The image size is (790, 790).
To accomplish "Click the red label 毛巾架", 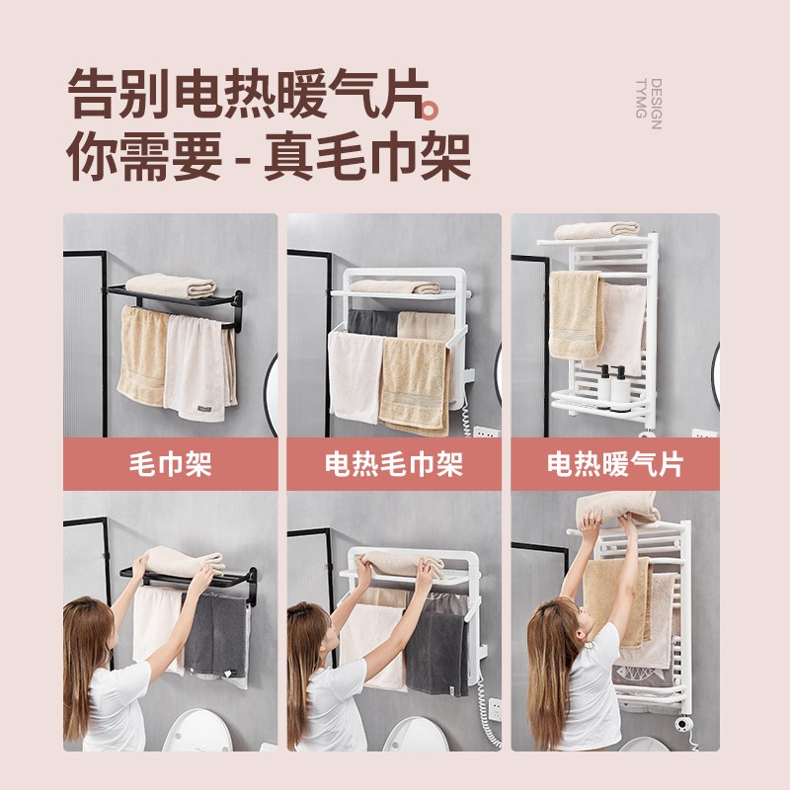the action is tap(170, 464).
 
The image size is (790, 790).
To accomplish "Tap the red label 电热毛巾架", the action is tap(394, 464).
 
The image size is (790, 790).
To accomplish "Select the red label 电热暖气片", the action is tap(615, 464).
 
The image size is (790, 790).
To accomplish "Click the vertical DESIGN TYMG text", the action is tap(649, 104).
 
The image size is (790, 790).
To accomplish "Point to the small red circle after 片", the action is tap(429, 111).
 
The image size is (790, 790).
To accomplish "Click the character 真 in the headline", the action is tap(289, 156).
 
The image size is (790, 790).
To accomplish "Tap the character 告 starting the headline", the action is tap(93, 94).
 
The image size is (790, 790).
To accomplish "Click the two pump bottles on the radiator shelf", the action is tap(612, 385).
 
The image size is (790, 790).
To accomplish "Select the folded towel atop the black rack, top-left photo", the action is tap(171, 285).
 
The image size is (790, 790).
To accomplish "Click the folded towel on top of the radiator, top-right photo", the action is tap(596, 230).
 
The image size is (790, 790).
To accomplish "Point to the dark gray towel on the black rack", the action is tap(215, 637).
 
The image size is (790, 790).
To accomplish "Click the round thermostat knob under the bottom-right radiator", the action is tap(682, 725).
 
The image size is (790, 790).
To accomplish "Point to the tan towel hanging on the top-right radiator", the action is tap(576, 315).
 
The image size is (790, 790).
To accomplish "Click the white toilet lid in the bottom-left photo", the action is tap(197, 730).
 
